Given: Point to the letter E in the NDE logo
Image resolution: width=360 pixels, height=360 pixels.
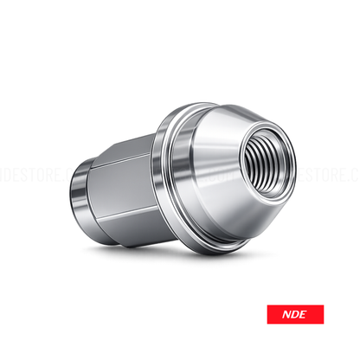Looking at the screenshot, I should tap(309, 313).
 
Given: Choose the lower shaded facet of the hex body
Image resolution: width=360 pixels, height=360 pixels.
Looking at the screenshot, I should tap(130, 221).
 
